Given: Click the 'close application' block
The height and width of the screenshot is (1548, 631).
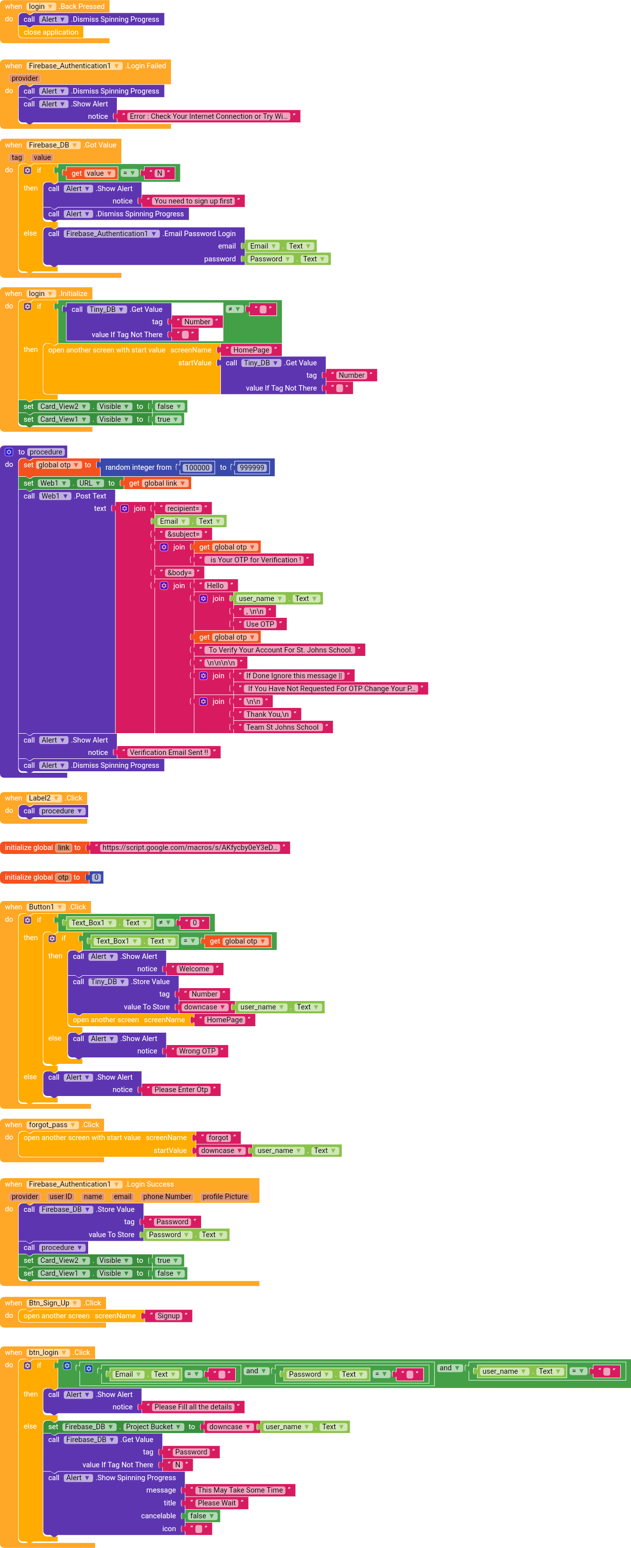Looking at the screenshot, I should [x=51, y=33].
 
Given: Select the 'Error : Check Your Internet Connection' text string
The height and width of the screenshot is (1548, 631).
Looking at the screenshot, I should [x=209, y=116].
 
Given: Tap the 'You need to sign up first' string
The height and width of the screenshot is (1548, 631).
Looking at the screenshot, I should [x=193, y=201].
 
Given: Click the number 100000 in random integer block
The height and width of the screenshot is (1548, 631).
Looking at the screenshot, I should [x=197, y=467].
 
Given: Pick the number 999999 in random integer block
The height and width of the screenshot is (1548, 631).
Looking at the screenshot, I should [x=252, y=467].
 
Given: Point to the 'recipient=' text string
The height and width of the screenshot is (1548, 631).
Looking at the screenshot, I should [x=183, y=508].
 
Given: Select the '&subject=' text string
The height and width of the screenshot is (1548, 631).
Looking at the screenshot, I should [x=183, y=534].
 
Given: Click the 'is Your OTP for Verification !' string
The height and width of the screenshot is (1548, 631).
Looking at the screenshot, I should [x=256, y=560].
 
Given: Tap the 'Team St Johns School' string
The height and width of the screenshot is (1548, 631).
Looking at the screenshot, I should [x=282, y=727].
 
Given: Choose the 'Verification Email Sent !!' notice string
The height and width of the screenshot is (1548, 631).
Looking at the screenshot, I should [x=169, y=752].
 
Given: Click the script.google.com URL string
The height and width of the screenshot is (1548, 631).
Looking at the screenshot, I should [x=189, y=848].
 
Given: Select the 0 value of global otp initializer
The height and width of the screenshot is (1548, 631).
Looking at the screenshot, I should [x=96, y=877].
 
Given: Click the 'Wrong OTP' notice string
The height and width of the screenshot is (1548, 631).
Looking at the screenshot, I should [x=197, y=1051].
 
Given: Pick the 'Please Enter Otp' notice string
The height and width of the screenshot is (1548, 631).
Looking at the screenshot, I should [x=181, y=1090].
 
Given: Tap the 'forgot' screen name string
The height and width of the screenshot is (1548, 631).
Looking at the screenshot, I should [x=218, y=1138].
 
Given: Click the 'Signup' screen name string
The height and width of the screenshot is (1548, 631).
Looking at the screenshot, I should [x=168, y=1316].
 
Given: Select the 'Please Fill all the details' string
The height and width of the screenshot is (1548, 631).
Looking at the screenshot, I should [x=193, y=1407].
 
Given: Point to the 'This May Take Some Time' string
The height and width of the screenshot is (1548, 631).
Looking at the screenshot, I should [x=240, y=1490].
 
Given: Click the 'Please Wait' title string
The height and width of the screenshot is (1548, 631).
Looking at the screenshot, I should [x=216, y=1503].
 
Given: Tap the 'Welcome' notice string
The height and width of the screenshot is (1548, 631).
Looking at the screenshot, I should [x=194, y=969].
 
